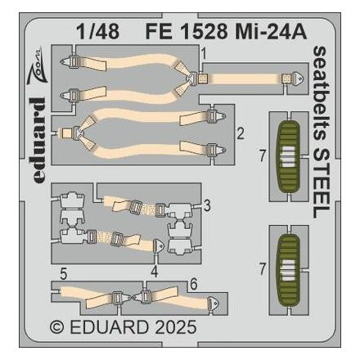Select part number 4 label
point(155,268)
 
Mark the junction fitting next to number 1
point(194,78)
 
